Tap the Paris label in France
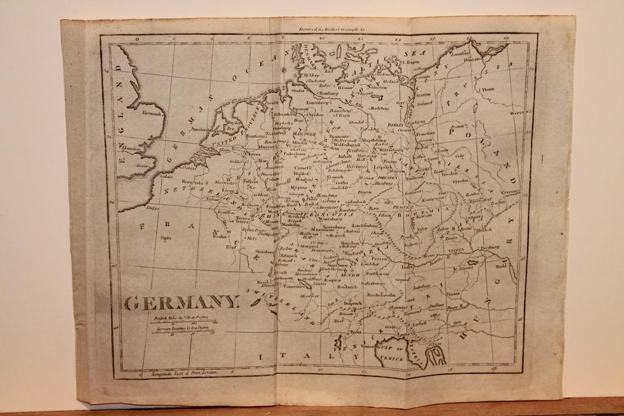166,239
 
